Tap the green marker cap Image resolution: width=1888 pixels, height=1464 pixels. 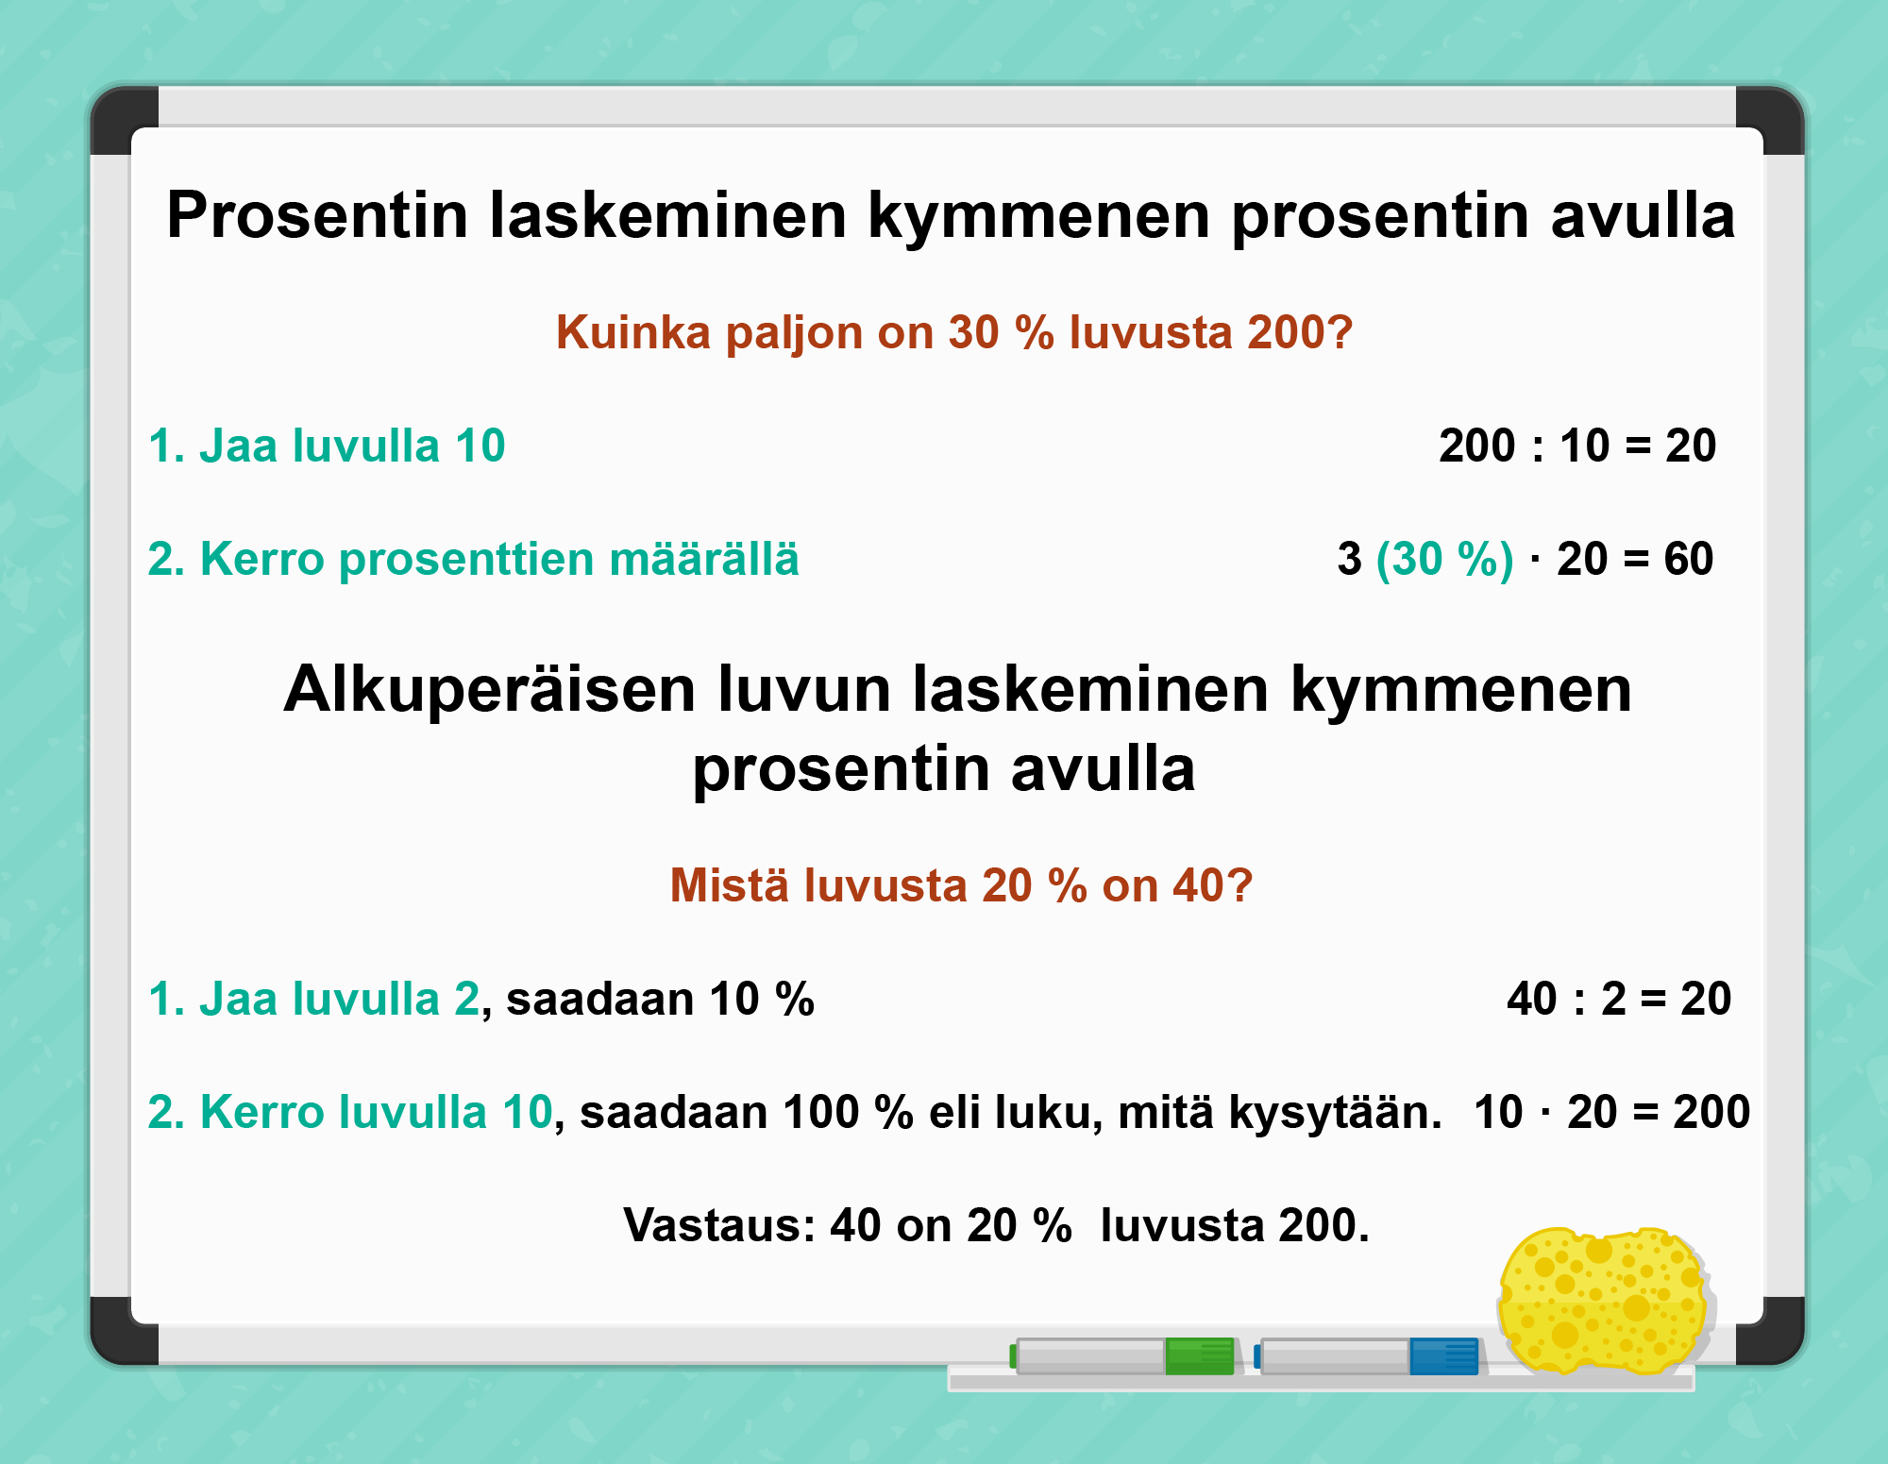(1200, 1356)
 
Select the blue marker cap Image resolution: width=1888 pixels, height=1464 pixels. (1444, 1356)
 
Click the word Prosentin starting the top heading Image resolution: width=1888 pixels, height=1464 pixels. (317, 215)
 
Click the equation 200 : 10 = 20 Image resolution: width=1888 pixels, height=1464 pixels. (1577, 446)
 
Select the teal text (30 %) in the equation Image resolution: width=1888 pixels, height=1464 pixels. (1445, 559)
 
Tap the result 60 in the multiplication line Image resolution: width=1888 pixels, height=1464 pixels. (1689, 559)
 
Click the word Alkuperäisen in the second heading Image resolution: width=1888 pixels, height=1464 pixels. (490, 691)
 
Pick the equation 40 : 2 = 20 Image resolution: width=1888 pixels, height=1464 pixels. (1619, 999)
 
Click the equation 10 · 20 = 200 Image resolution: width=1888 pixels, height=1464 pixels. (1612, 1112)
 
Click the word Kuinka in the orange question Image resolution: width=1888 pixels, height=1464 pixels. (632, 332)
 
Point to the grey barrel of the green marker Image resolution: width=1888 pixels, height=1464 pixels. (1090, 1356)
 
